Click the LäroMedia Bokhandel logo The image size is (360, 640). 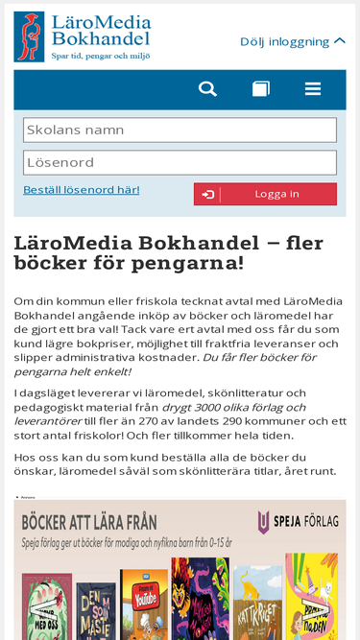(x=82, y=36)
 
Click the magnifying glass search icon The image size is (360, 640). (x=207, y=89)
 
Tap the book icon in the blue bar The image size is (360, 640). (x=261, y=89)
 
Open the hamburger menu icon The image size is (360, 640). (x=313, y=89)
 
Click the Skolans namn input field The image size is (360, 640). (x=180, y=130)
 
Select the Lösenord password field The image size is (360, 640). (x=180, y=162)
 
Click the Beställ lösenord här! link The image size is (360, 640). (x=82, y=190)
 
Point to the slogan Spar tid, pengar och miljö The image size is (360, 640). (x=101, y=57)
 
